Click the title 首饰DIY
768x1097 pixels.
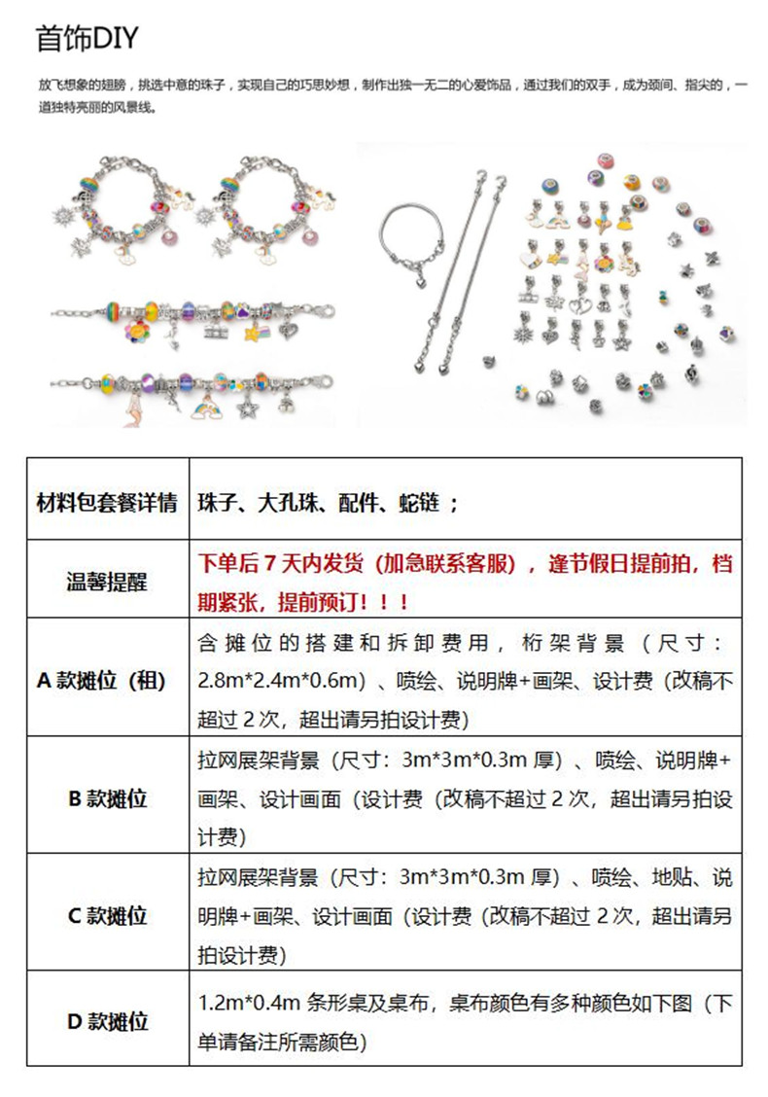[x=87, y=38]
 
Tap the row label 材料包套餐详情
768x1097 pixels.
[x=107, y=503]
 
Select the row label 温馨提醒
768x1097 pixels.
[x=107, y=581]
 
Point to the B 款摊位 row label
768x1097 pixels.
[x=107, y=798]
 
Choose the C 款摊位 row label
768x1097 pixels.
[x=107, y=915]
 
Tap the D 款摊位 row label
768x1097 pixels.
[x=107, y=1021]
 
